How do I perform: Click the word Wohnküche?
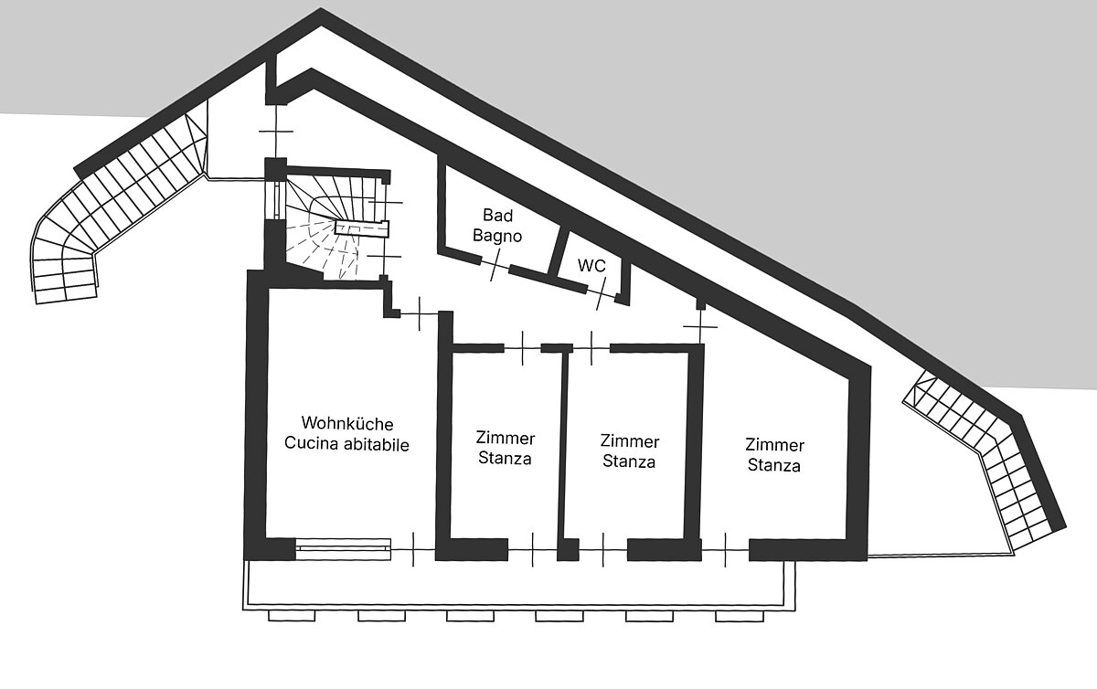coord(347,423)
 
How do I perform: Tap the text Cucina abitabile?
coord(346,444)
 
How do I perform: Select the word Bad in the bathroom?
coord(497,215)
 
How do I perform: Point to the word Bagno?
coord(497,236)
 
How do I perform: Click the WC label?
coord(591,265)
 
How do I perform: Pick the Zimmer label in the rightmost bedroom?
coord(775,445)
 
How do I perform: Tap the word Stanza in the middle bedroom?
coord(629,461)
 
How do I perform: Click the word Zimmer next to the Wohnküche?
coord(506,438)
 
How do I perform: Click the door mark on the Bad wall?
coord(495,265)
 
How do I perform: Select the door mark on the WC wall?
coord(601,293)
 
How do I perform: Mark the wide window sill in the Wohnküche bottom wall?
coord(344,549)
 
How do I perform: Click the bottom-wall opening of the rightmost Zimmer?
coord(725,550)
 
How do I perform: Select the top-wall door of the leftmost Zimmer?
coord(523,348)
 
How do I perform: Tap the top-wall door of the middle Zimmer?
coord(591,348)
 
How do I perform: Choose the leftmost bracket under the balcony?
coord(292,616)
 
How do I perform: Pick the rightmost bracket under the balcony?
coord(740,616)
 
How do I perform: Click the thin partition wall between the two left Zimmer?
coord(564,446)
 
